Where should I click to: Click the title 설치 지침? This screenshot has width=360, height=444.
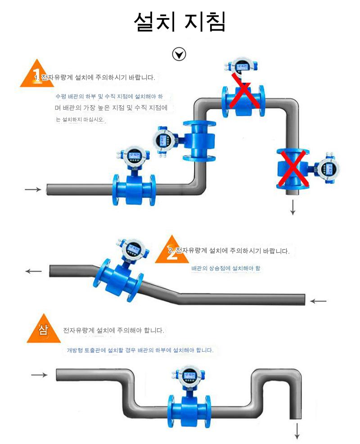point(180,22)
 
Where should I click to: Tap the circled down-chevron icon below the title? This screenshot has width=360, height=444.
point(179,54)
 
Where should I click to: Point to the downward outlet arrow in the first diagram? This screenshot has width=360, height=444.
point(293,207)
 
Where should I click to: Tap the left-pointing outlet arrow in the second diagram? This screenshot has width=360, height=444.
point(34,271)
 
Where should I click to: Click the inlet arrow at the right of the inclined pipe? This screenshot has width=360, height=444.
point(319,300)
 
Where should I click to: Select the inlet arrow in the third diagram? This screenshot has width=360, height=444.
point(39,375)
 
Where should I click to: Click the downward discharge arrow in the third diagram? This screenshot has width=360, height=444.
point(297,431)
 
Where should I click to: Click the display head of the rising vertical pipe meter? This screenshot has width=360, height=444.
point(164,140)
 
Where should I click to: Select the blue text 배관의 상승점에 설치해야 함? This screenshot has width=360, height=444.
point(225,268)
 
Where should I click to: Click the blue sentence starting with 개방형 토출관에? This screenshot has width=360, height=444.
point(140,350)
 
